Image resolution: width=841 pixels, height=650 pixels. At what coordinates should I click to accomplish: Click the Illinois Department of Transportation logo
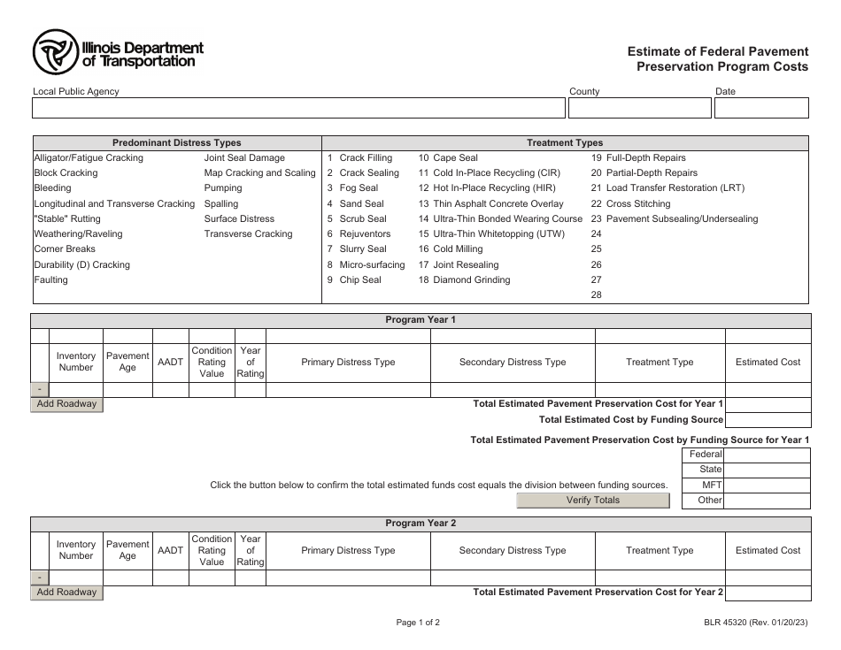(118, 53)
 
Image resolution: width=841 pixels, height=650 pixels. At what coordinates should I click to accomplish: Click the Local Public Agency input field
(298, 108)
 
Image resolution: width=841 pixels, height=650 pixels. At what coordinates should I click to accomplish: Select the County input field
(639, 108)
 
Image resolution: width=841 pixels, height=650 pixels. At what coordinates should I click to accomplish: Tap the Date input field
(760, 108)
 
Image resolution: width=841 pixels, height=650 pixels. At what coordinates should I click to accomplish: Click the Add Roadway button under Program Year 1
(67, 404)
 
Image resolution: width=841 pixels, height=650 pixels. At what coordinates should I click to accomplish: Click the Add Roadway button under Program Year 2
(67, 593)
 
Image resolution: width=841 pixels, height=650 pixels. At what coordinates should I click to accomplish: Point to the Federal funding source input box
(767, 455)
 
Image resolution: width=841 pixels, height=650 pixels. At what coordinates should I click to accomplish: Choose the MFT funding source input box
(767, 485)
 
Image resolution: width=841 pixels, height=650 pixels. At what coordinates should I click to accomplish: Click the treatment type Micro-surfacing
(372, 264)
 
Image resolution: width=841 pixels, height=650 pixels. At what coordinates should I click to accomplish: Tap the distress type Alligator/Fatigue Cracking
(89, 158)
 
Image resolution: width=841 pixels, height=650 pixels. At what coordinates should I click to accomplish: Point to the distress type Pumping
(223, 188)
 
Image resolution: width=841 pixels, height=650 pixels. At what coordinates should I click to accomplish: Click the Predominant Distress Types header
(176, 142)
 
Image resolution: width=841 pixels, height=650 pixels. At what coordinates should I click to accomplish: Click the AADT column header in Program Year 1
(170, 362)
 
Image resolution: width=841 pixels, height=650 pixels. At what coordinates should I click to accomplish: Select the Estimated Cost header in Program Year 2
(768, 550)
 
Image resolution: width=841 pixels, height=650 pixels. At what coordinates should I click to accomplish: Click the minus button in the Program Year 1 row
(41, 390)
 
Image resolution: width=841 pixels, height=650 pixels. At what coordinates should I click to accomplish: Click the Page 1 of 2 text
(418, 623)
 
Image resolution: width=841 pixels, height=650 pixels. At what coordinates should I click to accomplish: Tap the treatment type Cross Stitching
(637, 203)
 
